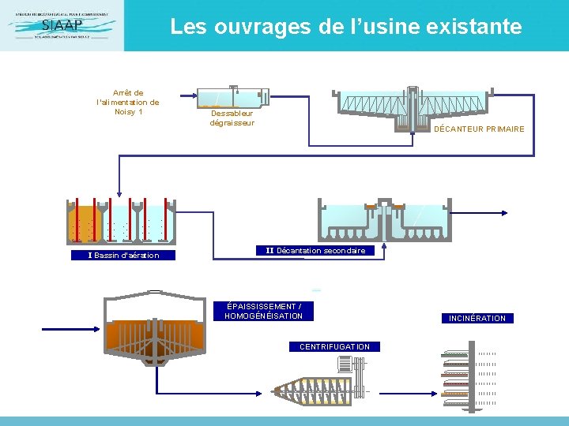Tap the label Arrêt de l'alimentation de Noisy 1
coord(128,102)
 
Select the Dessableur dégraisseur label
coord(232,118)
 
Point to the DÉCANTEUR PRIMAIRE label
coord(479,129)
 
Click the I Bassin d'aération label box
coord(123,255)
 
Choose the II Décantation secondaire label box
coord(315,250)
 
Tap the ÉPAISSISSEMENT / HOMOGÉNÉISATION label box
coord(263,311)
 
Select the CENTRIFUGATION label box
coord(334,346)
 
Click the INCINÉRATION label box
coord(477,318)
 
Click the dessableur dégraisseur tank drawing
coord(232,97)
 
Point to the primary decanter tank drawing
coord(413,107)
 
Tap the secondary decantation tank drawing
coord(382,219)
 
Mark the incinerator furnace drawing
coord(470,376)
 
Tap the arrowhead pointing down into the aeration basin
coord(119,193)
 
